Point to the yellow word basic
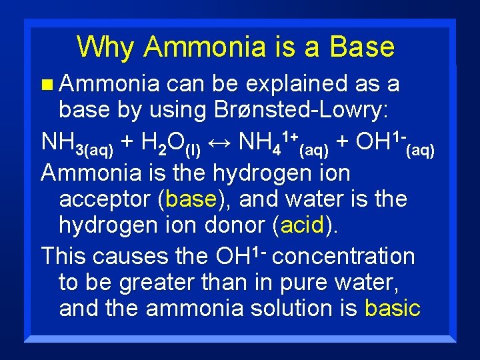click(x=393, y=308)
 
